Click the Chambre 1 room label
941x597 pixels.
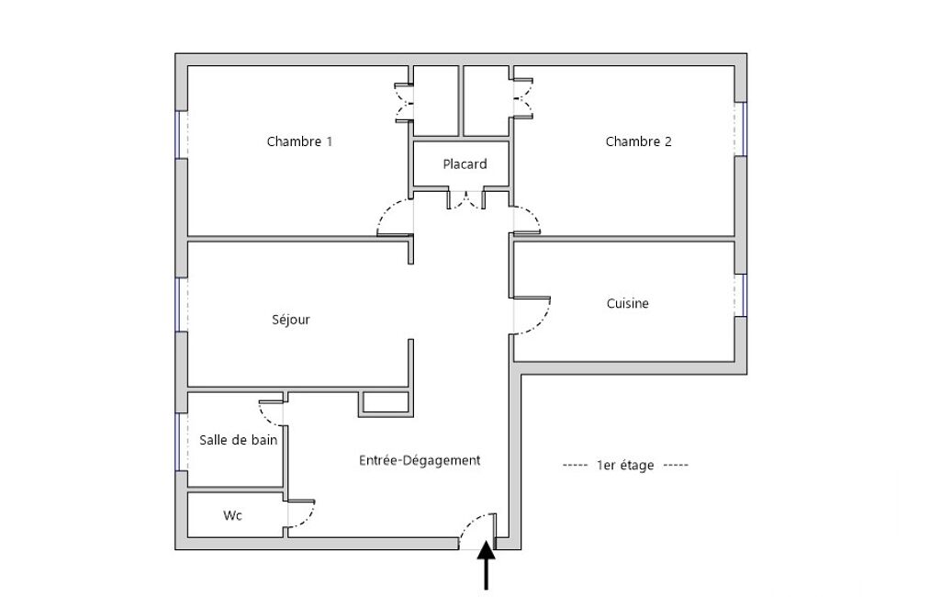tap(299, 141)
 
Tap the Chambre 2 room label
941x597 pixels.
tap(639, 141)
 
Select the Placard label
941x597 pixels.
tap(465, 164)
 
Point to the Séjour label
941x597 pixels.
tap(291, 320)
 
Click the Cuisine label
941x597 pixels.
tap(628, 303)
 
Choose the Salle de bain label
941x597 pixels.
tap(239, 440)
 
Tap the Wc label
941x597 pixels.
tap(233, 515)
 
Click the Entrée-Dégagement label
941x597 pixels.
tap(420, 460)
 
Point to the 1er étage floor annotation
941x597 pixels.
tap(625, 465)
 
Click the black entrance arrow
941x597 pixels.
tap(486, 565)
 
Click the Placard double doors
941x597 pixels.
tap(466, 200)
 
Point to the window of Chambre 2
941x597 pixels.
tap(741, 129)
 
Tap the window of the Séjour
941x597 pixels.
tap(182, 304)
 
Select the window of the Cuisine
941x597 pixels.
tap(741, 295)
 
